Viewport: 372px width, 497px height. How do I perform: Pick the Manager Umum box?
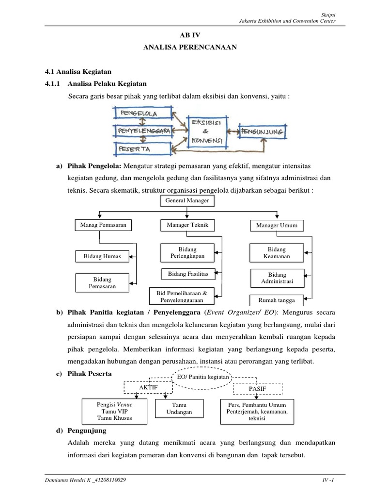[277, 226]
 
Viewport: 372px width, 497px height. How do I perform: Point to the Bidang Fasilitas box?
[188, 274]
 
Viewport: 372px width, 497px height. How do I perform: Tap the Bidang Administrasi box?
[277, 278]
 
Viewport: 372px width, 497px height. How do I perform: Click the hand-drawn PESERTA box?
[142, 148]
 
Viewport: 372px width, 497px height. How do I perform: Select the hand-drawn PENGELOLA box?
[142, 114]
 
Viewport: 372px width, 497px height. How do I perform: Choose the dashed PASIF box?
[257, 389]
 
